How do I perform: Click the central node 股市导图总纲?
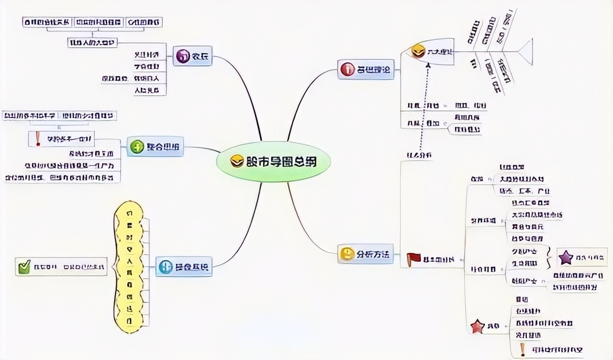click(274, 162)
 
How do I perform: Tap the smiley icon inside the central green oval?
click(237, 162)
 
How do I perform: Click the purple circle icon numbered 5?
click(182, 56)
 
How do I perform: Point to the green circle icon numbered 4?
click(137, 147)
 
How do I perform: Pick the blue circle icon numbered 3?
click(166, 267)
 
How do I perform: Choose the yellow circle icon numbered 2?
click(346, 254)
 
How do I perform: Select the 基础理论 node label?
click(373, 70)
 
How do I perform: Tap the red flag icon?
click(413, 259)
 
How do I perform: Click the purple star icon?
click(566, 258)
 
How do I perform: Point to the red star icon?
click(477, 326)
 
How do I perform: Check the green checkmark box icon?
click(23, 267)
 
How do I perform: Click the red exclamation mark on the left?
click(37, 138)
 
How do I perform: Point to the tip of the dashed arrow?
click(428, 64)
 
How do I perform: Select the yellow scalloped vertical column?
click(129, 267)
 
